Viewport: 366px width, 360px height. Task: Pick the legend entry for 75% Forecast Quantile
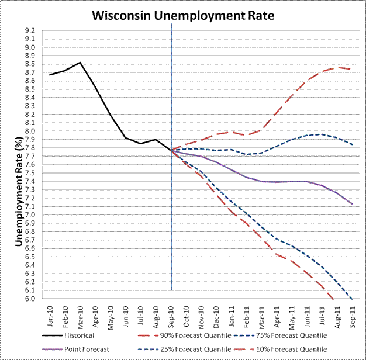298,335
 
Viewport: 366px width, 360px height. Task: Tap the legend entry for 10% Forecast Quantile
298,348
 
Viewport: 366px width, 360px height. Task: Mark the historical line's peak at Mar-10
80,63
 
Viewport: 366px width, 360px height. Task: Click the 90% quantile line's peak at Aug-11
337,67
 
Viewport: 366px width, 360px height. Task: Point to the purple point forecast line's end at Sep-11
352,204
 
